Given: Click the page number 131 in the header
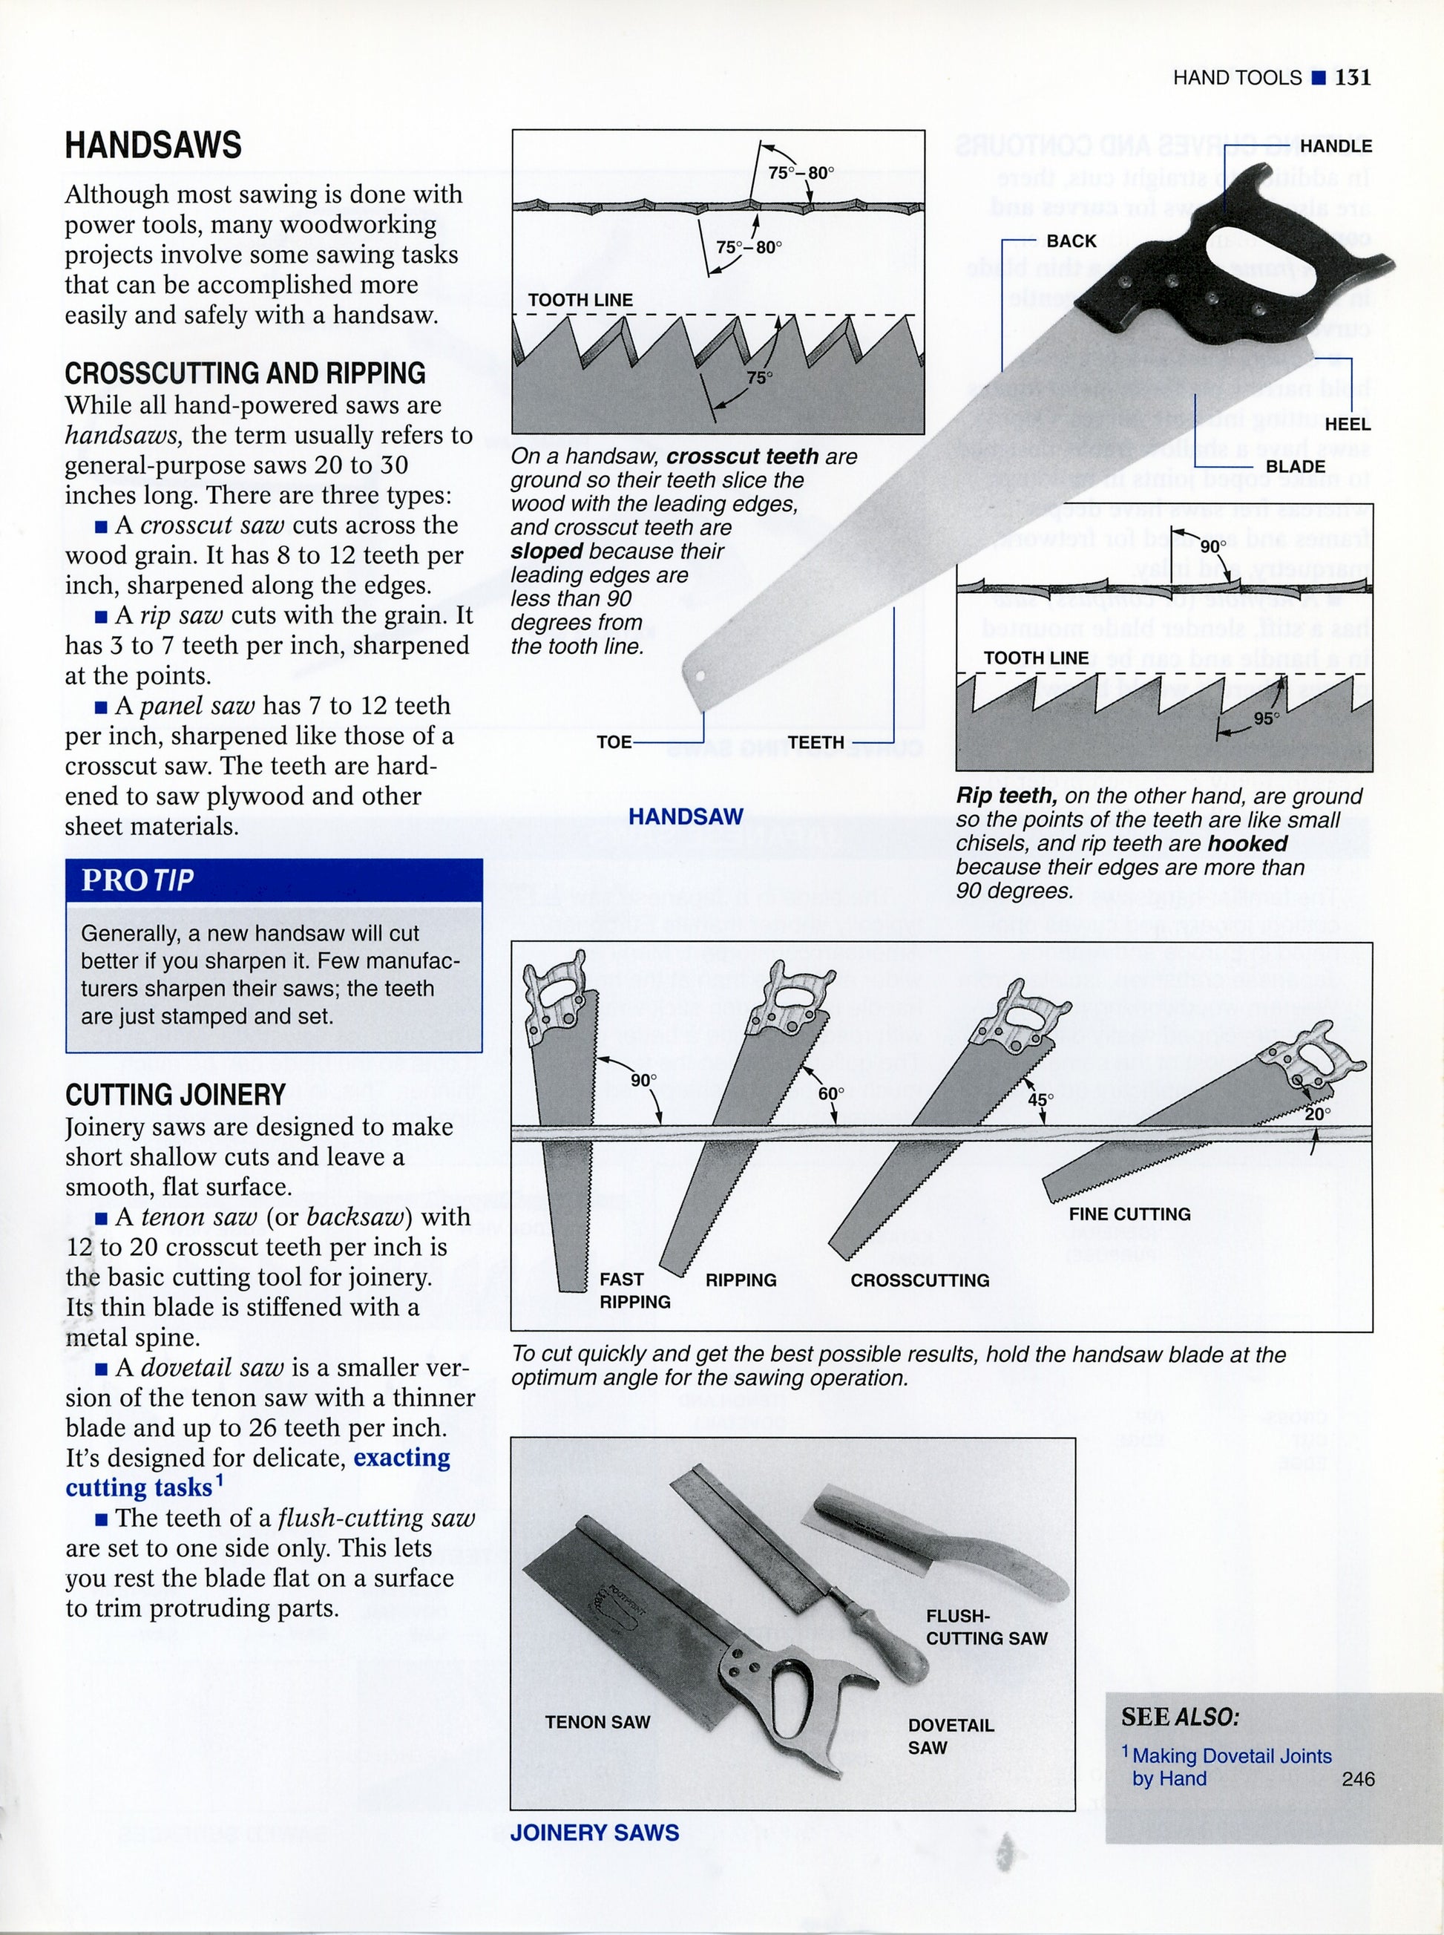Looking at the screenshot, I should coord(1352,78).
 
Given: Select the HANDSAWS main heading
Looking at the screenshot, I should coord(153,145).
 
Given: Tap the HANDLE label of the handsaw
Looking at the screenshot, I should coord(1335,146).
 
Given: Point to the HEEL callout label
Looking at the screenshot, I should coord(1347,424).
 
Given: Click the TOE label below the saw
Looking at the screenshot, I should coord(614,742).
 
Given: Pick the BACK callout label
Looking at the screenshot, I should coord(1071,241).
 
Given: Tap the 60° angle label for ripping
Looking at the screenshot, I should coord(830,1094).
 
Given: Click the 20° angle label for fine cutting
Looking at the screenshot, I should coord(1316,1114).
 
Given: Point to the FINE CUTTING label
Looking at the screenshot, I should coord(1129,1214).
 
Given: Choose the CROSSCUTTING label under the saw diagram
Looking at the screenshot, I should coord(919,1280).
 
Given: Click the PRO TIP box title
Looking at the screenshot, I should coord(137,880).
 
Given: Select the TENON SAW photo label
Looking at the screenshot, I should coord(597,1722).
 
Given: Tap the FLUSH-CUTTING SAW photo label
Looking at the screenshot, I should coord(986,1627).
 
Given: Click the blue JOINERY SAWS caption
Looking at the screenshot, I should coord(594,1833).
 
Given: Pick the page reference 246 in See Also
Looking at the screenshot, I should coord(1357,1778).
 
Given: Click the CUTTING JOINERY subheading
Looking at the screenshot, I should coord(175,1095).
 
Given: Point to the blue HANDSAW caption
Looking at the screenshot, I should coord(686,816).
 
